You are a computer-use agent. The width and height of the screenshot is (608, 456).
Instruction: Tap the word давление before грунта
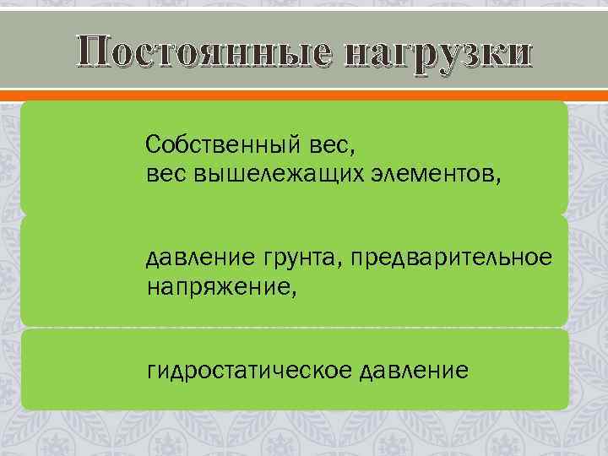[x=195, y=257]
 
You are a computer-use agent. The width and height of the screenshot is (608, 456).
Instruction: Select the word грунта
[x=292, y=258]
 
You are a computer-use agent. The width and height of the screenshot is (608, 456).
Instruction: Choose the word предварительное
[x=448, y=257]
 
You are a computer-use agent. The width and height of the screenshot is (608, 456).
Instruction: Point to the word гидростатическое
[x=249, y=370]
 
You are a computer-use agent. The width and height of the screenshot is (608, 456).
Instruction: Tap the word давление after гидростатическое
[x=413, y=370]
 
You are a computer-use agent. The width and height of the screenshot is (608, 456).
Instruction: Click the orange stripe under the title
[x=304, y=94]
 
